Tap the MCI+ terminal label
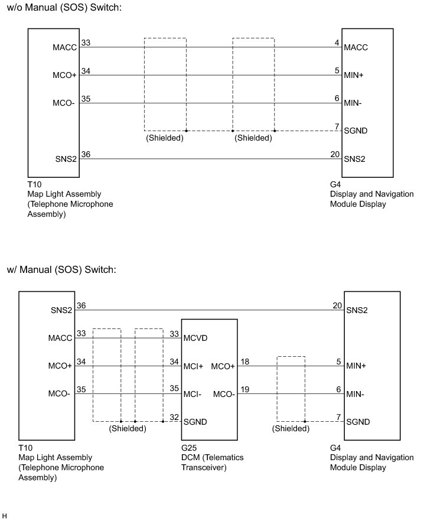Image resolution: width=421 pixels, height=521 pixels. coord(192,366)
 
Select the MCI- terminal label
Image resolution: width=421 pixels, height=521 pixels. coord(192,394)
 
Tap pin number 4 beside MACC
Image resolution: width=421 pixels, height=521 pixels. coord(337,43)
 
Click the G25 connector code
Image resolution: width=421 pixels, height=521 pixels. coord(188,448)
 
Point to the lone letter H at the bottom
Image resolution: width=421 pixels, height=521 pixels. coord(5,516)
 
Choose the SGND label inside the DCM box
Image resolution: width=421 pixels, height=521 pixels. coord(195,422)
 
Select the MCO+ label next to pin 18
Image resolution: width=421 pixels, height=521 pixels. coord(223,366)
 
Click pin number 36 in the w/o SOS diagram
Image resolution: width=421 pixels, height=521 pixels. coord(86,154)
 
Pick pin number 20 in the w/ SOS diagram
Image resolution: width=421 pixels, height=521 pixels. coord(337,305)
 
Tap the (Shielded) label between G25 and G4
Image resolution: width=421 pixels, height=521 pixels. coord(291,429)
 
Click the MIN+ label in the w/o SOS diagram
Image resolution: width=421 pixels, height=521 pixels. coord(354,76)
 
